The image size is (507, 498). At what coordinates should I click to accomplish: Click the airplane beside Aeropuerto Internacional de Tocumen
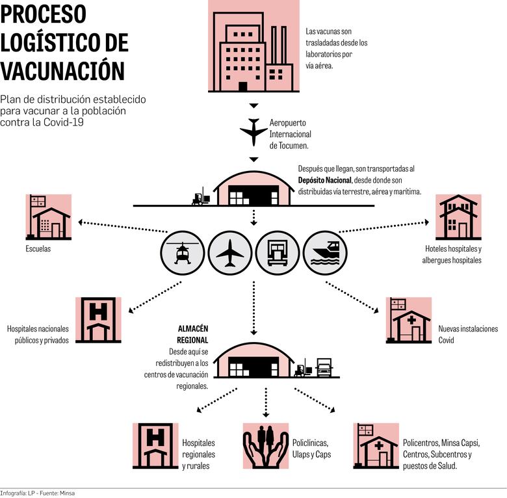[x=253, y=131]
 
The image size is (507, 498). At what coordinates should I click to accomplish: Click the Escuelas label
[x=38, y=248]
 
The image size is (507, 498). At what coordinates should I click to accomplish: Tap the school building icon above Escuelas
[x=49, y=217]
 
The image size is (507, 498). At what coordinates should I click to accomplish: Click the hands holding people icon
[x=265, y=445]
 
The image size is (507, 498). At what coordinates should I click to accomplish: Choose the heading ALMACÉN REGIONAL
[x=192, y=334]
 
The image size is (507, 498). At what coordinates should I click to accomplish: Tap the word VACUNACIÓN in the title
[x=62, y=70]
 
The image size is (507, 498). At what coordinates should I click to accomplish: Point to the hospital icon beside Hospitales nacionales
[x=99, y=320]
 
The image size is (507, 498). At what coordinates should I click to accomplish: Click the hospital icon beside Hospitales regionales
[x=155, y=445]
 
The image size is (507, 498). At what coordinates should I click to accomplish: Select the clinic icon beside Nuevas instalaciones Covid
[x=408, y=320]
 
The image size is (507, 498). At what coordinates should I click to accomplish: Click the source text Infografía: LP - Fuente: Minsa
[x=38, y=493]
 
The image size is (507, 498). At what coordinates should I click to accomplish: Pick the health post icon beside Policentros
[x=376, y=445]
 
